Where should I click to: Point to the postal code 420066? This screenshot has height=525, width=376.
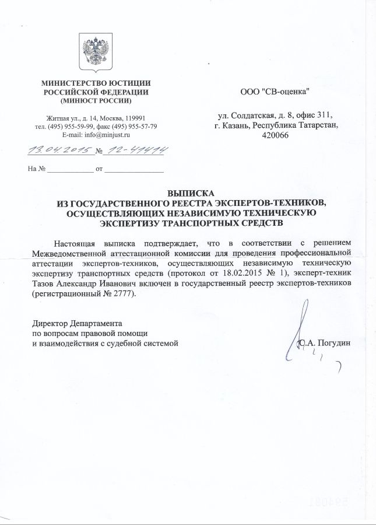pos(275,135)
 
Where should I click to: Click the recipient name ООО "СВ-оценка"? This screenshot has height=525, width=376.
pos(275,92)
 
